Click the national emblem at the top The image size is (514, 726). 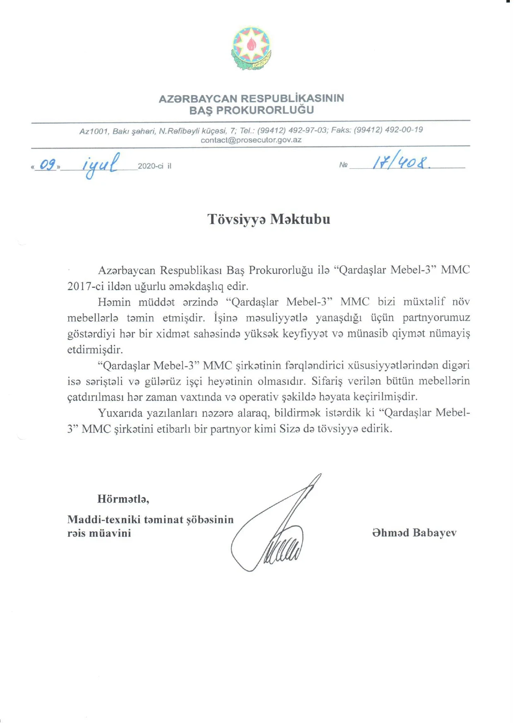251,48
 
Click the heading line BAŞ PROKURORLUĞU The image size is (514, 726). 251,110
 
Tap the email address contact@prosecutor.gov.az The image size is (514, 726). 251,140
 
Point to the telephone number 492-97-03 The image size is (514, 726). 307,130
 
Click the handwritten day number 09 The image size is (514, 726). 47,165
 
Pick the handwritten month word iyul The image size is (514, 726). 100,164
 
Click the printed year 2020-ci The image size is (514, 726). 150,166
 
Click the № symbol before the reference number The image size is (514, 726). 343,165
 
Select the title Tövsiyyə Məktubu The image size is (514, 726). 269,219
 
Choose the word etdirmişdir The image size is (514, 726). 95,350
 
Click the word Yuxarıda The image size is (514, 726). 122,413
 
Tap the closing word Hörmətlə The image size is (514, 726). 123,499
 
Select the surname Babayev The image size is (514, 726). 435,533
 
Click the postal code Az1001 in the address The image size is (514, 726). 94,132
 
